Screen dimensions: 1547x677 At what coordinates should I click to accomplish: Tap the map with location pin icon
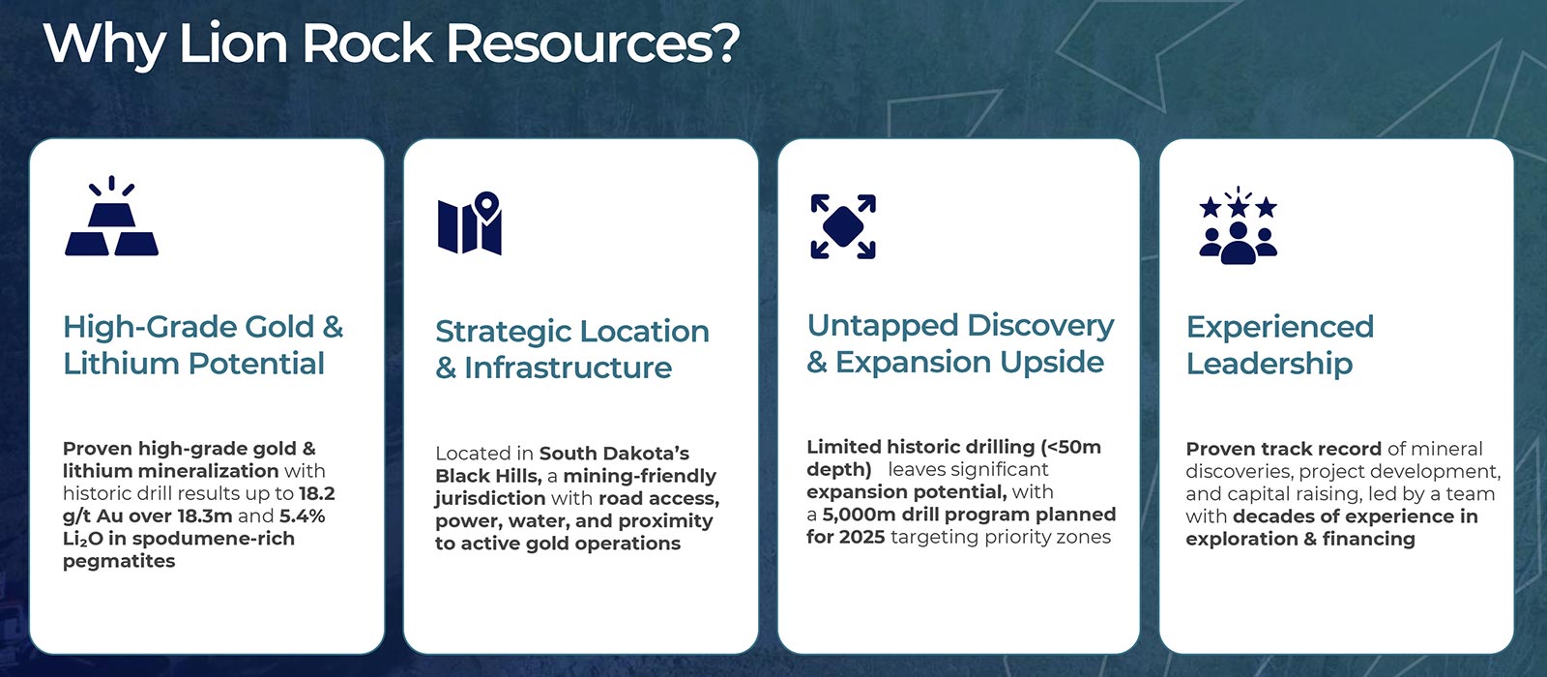(x=470, y=222)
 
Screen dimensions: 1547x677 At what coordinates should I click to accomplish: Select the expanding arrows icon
(x=843, y=226)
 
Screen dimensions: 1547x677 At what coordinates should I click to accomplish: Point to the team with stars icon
(x=1239, y=225)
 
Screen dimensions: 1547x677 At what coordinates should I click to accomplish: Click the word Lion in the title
(x=233, y=44)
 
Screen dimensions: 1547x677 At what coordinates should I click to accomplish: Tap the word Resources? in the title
(x=594, y=44)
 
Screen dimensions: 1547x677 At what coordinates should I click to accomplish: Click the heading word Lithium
(x=120, y=364)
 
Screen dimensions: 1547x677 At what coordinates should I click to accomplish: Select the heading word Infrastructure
(x=568, y=368)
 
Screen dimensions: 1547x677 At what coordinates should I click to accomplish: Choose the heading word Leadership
(x=1270, y=364)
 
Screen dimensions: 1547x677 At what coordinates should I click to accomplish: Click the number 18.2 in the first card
(x=317, y=493)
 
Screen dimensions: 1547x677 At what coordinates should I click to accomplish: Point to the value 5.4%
(x=303, y=516)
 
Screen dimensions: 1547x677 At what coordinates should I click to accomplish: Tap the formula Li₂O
(x=82, y=539)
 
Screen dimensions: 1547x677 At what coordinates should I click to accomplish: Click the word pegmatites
(x=119, y=562)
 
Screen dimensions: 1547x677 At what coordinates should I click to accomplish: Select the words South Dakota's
(x=614, y=454)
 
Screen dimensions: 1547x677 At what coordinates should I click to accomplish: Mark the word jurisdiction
(x=490, y=499)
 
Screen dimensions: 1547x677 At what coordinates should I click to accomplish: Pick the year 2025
(x=861, y=537)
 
